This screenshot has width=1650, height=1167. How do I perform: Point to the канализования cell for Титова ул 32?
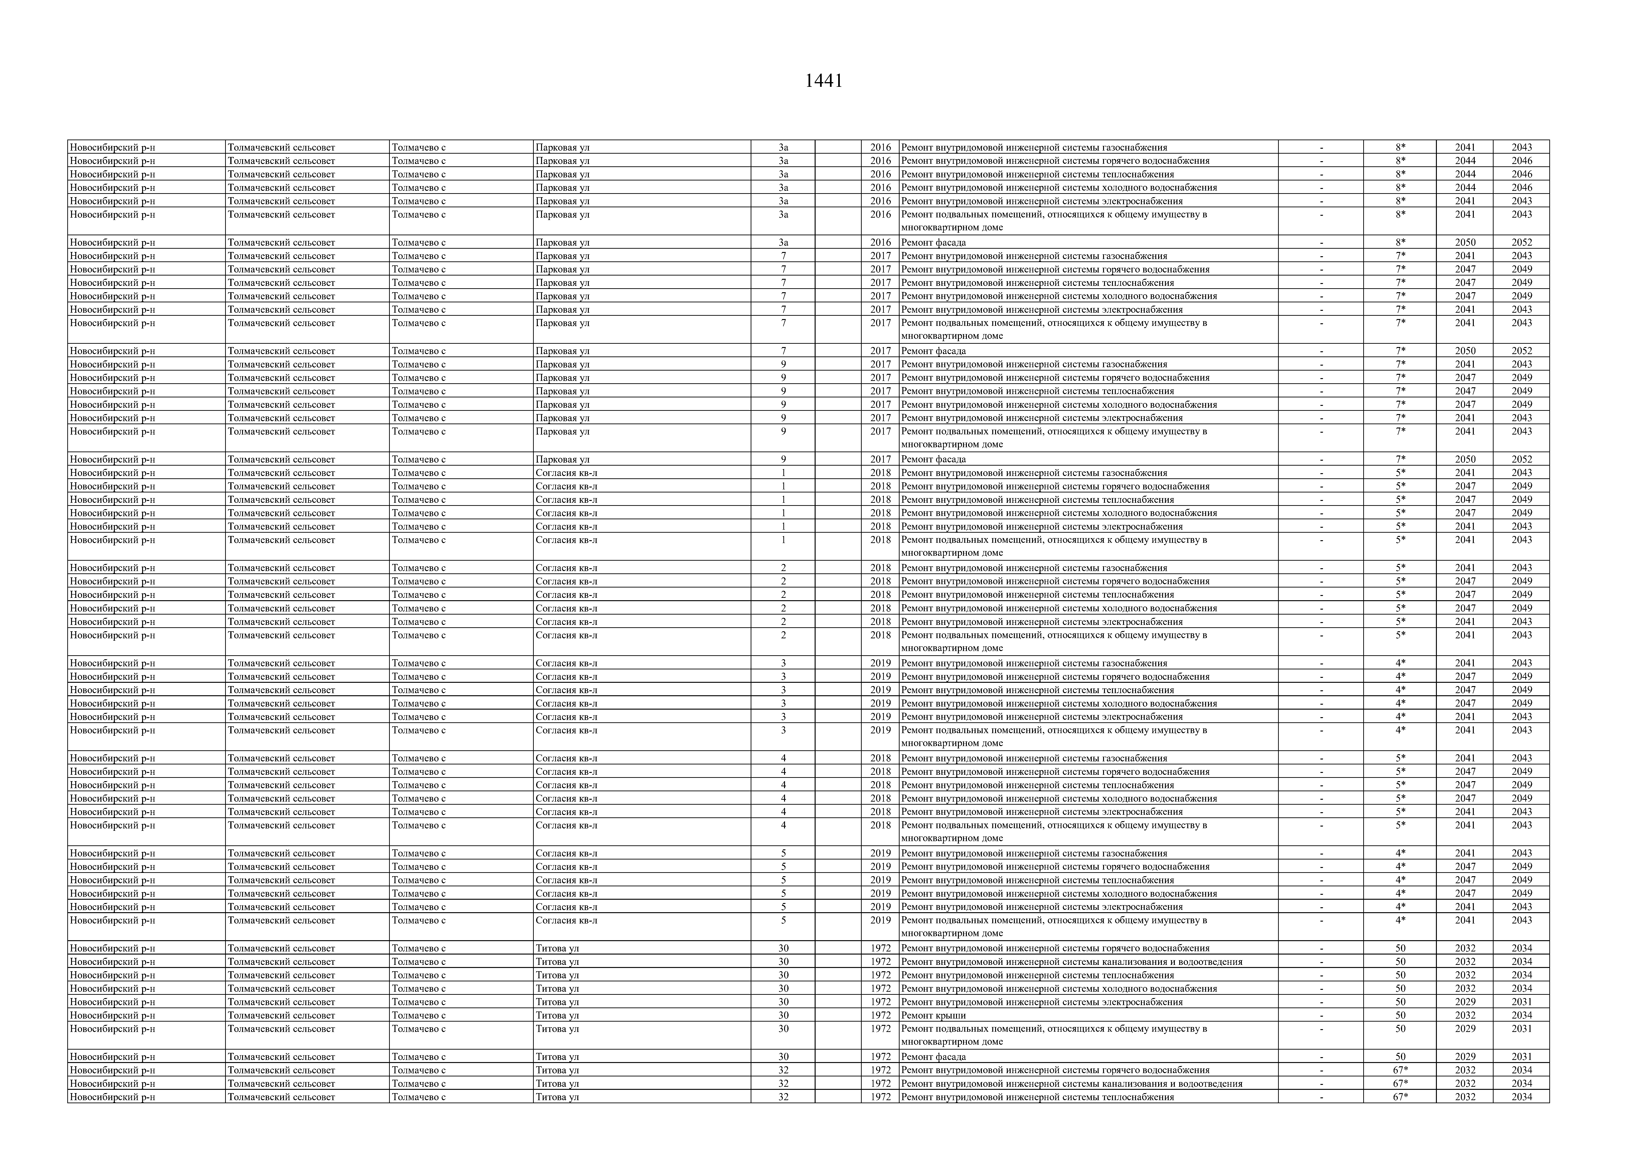[1071, 1084]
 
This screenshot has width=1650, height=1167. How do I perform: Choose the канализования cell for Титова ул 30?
[1071, 962]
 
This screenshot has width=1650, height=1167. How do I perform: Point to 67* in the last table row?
[1400, 1097]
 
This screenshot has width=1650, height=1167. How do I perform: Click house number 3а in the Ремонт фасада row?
[783, 243]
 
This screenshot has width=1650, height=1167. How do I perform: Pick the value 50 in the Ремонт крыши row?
[1400, 1015]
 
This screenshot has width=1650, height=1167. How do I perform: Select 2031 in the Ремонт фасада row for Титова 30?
[1521, 1057]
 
